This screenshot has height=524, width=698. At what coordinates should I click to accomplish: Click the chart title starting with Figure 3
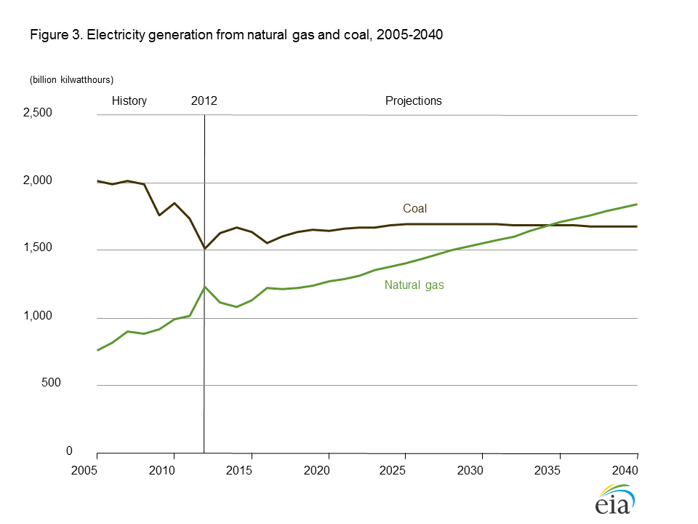(236, 35)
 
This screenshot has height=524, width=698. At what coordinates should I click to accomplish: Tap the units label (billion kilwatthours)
(71, 79)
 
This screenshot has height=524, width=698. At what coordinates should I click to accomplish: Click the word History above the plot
(129, 101)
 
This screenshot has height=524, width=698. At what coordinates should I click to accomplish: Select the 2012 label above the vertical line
(204, 101)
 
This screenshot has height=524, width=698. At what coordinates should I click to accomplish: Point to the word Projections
(413, 101)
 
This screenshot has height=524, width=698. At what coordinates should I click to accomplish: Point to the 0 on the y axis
(69, 451)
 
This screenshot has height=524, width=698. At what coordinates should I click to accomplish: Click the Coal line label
(415, 208)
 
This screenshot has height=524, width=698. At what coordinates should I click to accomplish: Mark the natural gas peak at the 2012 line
(205, 287)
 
